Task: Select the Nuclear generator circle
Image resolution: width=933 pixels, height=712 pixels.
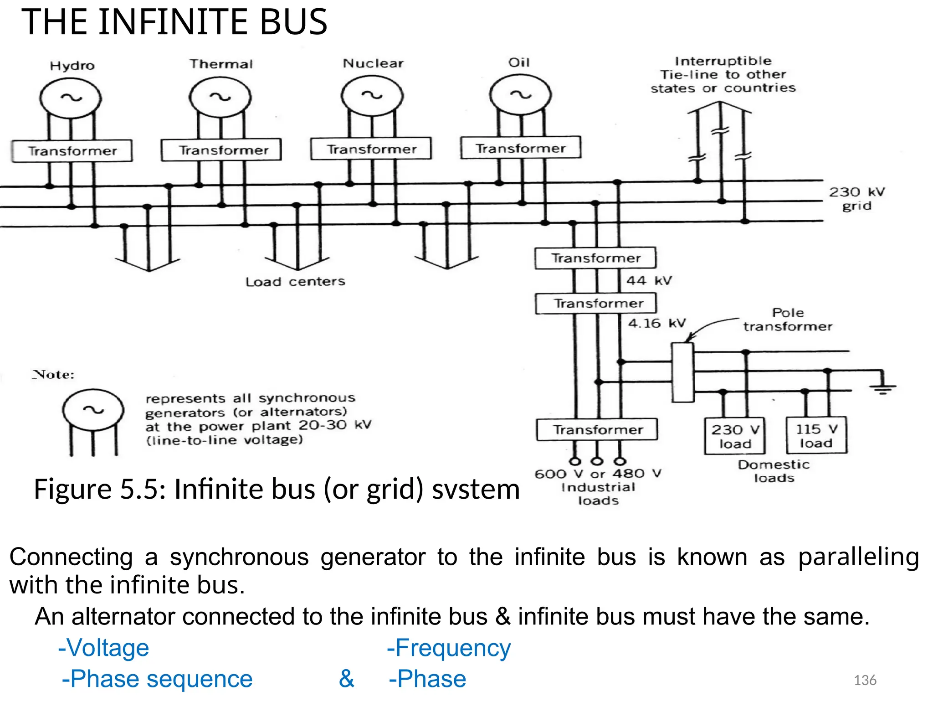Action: (372, 96)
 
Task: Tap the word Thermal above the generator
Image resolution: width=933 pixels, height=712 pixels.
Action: (221, 64)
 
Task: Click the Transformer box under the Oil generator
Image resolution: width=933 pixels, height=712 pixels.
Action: (520, 148)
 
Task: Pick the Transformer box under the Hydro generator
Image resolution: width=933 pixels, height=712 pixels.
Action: (72, 151)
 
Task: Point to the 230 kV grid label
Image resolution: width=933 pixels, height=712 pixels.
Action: (856, 199)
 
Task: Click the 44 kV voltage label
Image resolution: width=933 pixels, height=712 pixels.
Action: (649, 280)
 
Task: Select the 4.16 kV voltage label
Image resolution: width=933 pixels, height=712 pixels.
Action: (656, 323)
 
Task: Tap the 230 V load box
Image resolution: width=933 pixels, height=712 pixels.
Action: (734, 436)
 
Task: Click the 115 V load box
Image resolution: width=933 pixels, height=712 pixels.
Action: (816, 435)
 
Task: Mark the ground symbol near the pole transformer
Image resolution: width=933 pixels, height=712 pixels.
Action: (882, 387)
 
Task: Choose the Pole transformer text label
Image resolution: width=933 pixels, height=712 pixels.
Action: (788, 320)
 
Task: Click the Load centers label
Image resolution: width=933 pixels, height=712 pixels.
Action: (295, 282)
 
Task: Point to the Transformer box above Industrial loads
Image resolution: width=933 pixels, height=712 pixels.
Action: (597, 429)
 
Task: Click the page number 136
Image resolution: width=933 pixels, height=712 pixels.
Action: (865, 680)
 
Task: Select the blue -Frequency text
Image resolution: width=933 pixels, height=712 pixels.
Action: (449, 648)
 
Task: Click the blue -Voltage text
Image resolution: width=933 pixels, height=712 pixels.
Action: (104, 648)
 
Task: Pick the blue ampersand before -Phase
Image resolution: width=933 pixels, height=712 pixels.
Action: (346, 679)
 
